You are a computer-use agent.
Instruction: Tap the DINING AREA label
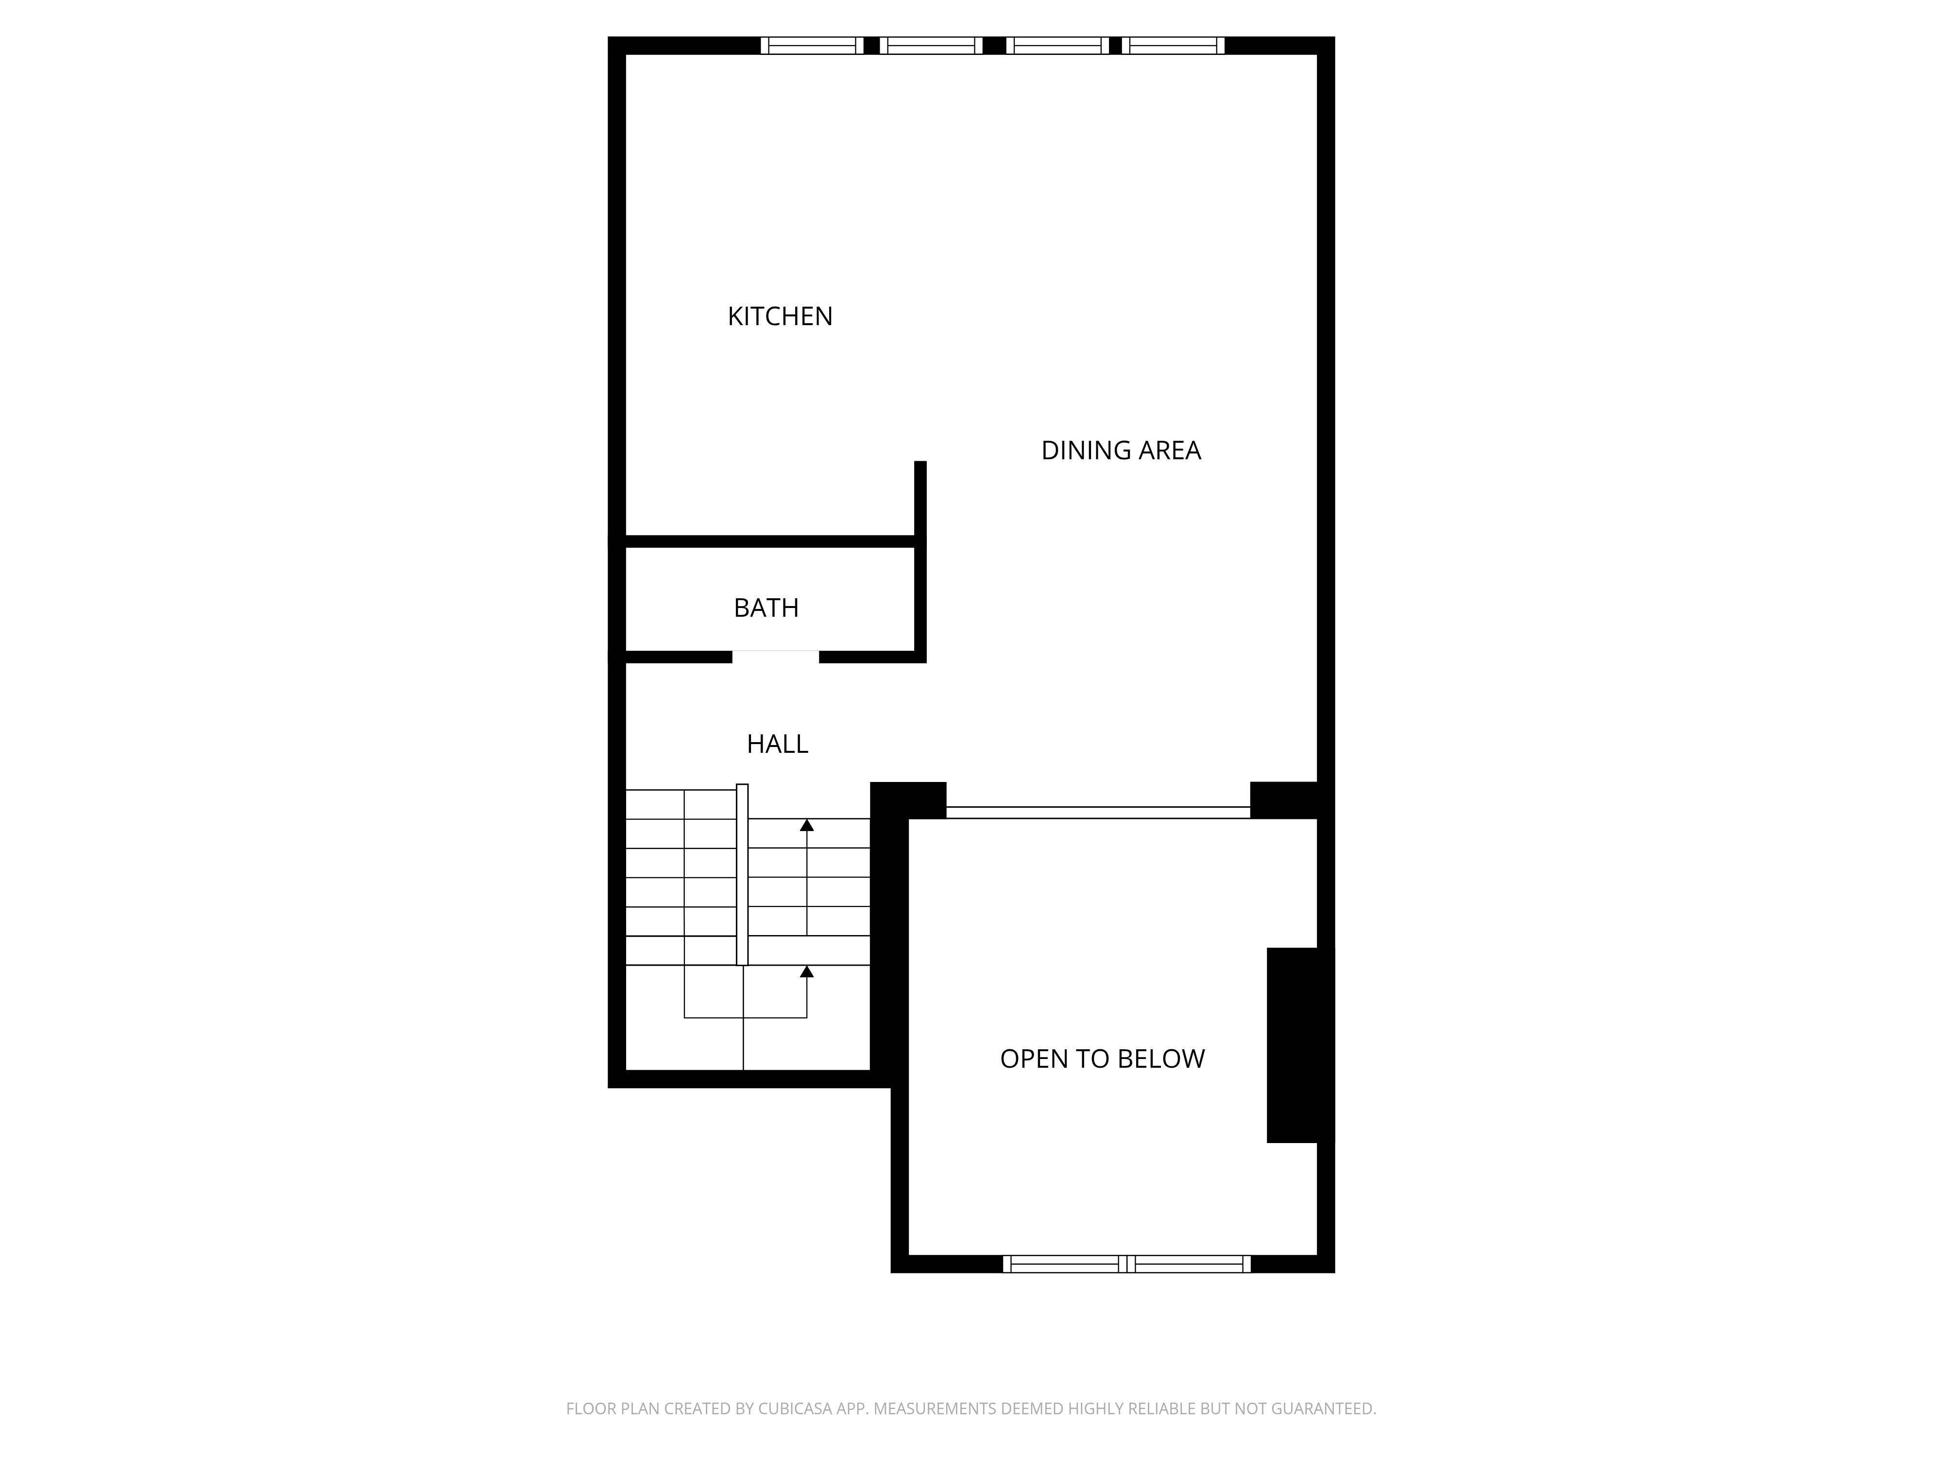point(1120,451)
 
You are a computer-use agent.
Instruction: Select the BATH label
point(766,608)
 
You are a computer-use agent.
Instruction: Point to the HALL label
point(777,745)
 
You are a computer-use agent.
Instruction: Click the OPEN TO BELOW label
point(1102,1059)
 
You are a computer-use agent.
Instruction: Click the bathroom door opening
point(776,657)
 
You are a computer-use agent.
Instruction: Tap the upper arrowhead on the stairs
point(806,824)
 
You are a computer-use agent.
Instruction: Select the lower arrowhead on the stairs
point(806,971)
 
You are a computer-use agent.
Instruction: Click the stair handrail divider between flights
point(742,874)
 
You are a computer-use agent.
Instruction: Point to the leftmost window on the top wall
point(812,46)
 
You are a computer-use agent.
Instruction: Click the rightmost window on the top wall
point(1176,46)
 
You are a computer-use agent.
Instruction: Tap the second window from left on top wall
point(931,46)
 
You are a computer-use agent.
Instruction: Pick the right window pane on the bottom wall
point(1189,1264)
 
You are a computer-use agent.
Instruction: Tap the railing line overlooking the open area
point(1098,812)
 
